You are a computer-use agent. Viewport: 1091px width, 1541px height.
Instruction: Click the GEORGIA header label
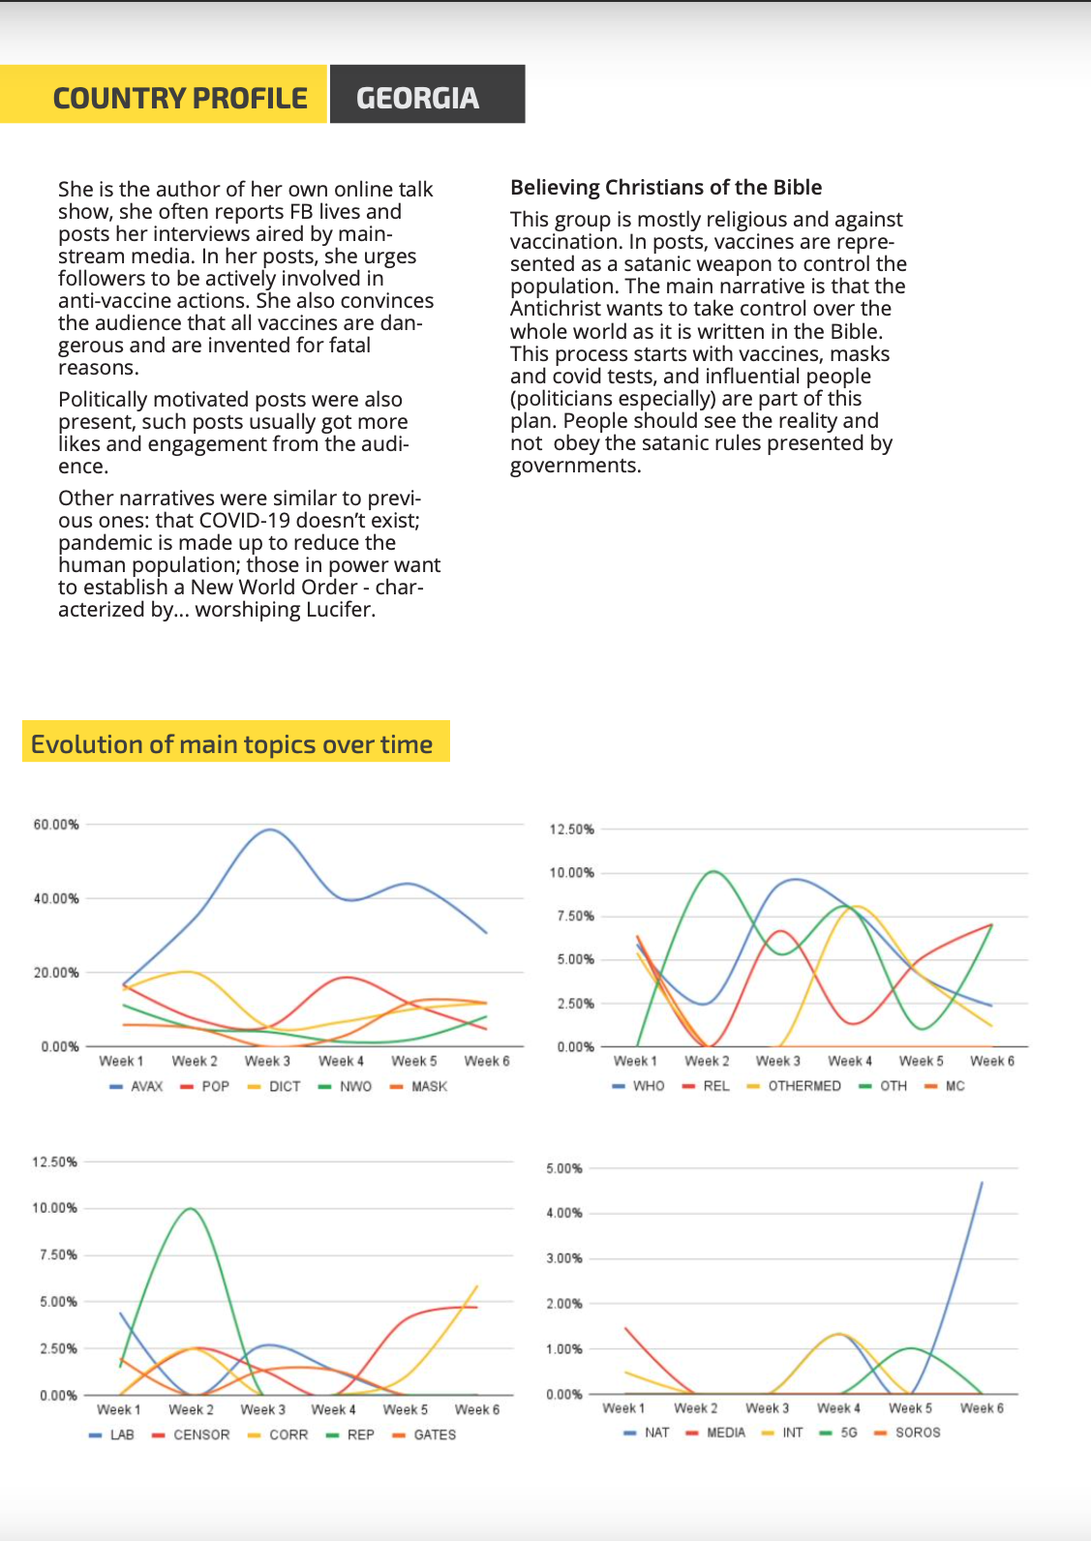click(417, 98)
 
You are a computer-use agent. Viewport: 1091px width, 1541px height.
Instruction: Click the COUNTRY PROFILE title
click(180, 98)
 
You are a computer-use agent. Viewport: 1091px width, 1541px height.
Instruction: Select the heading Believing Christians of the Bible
click(666, 187)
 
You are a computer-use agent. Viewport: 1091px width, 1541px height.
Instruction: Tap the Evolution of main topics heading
click(231, 744)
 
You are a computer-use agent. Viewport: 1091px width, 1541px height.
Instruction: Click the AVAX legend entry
click(136, 1086)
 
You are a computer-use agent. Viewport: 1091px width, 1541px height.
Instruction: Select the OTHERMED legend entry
click(794, 1086)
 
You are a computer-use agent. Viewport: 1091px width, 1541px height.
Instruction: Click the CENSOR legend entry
click(191, 1435)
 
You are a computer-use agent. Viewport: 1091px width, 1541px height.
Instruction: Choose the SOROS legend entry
click(907, 1433)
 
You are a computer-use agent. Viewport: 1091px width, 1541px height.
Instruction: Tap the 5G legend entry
click(839, 1433)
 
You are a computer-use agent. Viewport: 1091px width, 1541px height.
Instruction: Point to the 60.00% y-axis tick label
click(56, 824)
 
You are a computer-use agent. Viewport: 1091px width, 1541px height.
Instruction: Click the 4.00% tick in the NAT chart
click(564, 1213)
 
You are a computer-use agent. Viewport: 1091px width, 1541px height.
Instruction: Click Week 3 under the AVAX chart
click(267, 1061)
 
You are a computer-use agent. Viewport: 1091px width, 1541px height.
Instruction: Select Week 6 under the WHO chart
click(992, 1061)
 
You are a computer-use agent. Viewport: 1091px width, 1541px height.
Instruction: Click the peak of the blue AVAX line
click(270, 829)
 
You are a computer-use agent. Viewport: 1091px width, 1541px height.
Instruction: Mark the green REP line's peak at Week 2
click(190, 1209)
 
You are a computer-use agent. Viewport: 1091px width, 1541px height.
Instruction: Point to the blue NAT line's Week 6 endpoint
click(982, 1183)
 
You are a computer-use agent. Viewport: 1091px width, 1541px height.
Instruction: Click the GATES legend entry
click(424, 1435)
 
